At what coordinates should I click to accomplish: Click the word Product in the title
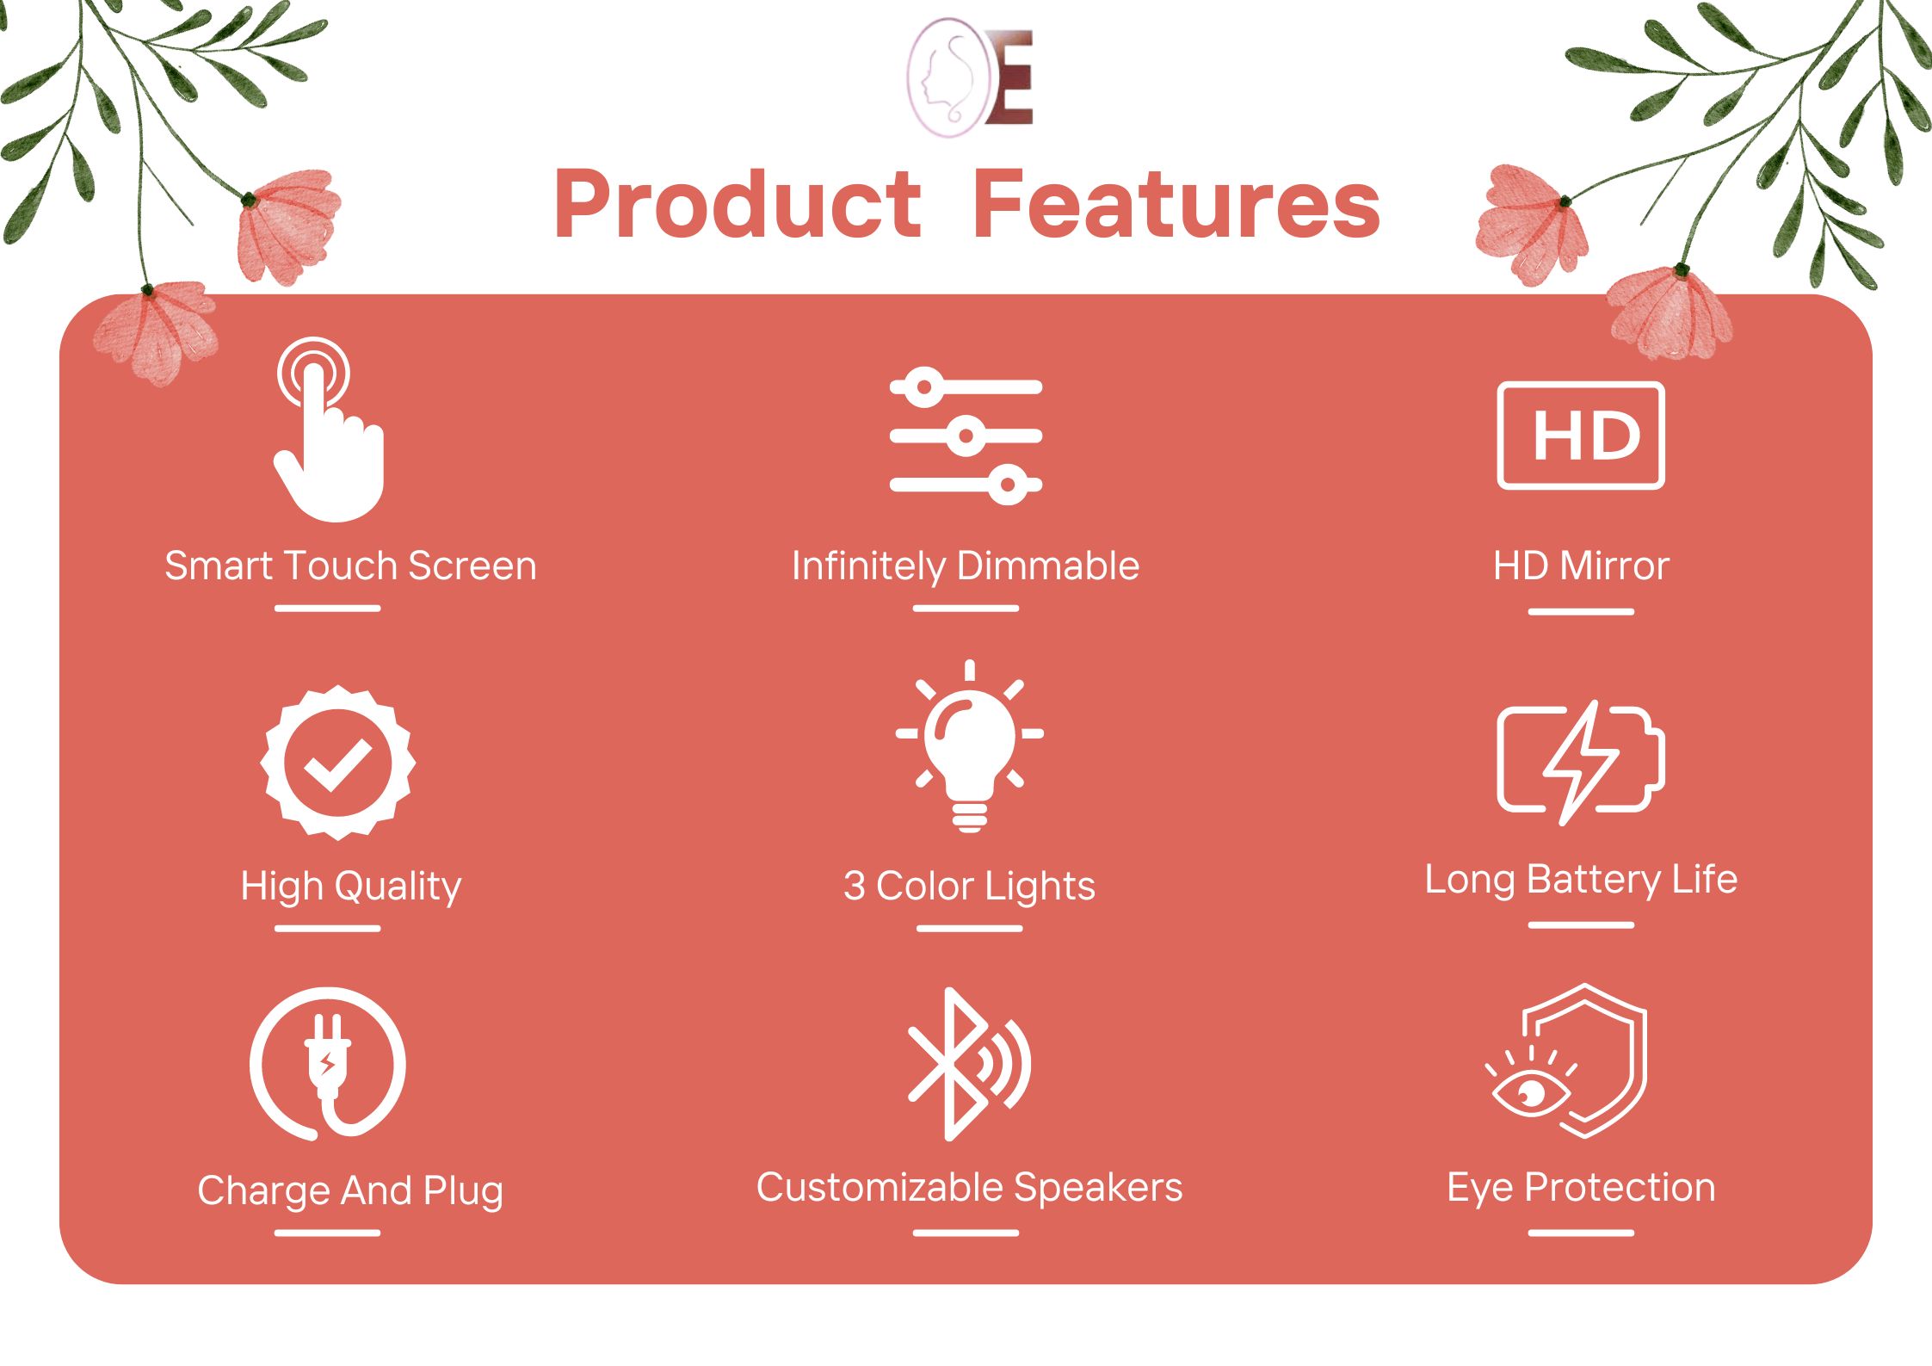[738, 204]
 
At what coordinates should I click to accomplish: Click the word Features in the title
[1176, 204]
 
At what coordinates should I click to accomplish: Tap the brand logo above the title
[969, 78]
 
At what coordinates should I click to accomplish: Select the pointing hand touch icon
[330, 430]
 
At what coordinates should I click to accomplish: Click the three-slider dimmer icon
[966, 436]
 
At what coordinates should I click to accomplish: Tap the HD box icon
[1581, 436]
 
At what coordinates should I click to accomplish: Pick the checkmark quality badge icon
[338, 763]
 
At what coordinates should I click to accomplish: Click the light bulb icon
[970, 746]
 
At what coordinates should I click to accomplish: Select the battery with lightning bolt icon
[1581, 762]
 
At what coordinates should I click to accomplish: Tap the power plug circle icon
[328, 1065]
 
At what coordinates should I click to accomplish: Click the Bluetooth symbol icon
[969, 1065]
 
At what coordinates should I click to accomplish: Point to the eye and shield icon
[1566, 1061]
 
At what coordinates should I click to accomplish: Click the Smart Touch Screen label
[350, 566]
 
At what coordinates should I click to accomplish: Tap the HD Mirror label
[1581, 566]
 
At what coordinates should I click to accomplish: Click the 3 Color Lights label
[969, 887]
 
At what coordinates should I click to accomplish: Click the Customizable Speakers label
[969, 1189]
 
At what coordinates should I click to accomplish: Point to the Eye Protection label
[1581, 1189]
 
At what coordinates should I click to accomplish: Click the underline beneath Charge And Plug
[328, 1233]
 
